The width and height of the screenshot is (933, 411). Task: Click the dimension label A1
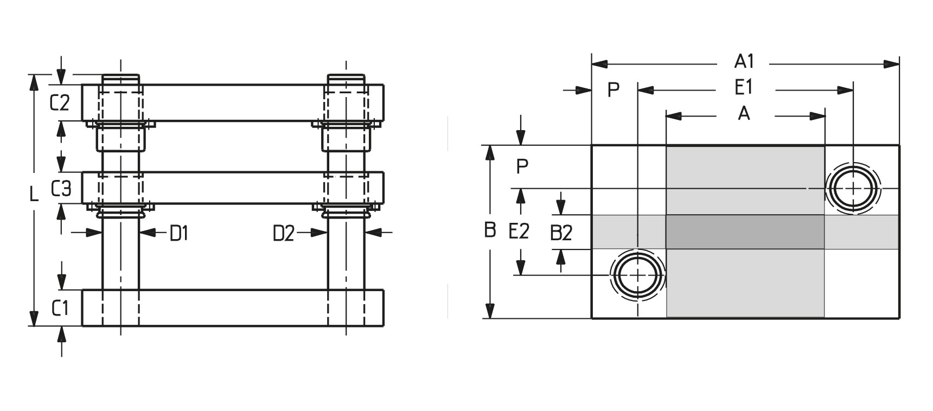point(744,62)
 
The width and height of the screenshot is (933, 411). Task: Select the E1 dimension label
point(743,88)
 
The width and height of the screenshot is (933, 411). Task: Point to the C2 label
point(60,102)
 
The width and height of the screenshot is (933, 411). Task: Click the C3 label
point(61,189)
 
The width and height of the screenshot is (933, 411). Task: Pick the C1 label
point(60,309)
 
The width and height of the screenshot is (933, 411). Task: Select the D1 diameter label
point(179,233)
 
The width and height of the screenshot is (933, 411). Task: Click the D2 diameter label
point(283,234)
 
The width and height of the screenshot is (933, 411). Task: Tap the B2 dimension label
point(561,233)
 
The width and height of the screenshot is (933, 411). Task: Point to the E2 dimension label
point(519,232)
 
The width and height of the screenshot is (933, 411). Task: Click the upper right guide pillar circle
point(853,188)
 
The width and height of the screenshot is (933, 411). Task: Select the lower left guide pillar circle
point(638,275)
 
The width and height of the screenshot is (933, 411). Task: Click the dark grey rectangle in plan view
point(745,232)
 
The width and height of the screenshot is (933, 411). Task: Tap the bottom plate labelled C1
point(233,308)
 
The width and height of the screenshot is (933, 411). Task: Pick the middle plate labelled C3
point(233,188)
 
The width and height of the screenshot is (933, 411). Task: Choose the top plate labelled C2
point(233,102)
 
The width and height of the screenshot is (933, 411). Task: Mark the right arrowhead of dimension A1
point(892,64)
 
